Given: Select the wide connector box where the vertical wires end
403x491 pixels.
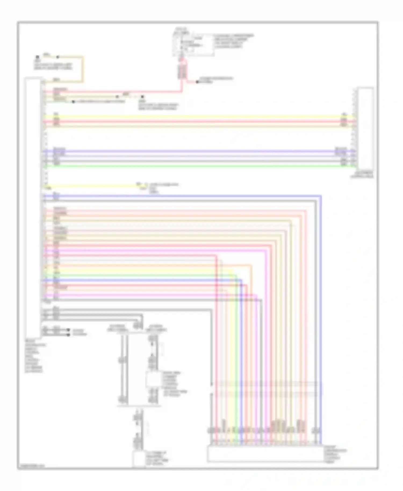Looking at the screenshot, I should (x=264, y=454).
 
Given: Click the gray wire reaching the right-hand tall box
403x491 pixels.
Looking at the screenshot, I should (x=199, y=161).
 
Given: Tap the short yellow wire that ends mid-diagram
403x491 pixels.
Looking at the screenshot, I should (x=91, y=185).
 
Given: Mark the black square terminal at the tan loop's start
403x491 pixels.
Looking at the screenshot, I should (x=38, y=57).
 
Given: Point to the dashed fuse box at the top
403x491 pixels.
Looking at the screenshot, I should (x=193, y=44).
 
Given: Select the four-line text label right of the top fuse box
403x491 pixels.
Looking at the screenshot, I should (x=233, y=41).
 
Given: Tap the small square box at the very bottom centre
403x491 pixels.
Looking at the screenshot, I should (x=138, y=459).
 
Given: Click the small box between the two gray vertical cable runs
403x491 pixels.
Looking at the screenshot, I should (x=152, y=379).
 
